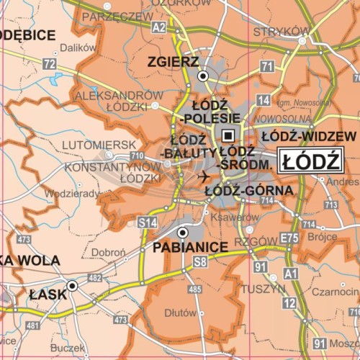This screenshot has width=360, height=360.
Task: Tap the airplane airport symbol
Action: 204,176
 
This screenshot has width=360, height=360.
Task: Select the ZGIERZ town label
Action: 173,62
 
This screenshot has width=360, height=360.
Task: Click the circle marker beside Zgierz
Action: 203,75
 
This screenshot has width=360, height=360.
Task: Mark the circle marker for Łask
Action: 72,286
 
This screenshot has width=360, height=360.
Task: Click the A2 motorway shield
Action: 159,27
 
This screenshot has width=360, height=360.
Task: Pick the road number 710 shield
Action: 136,156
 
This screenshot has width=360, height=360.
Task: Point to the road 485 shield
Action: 194,289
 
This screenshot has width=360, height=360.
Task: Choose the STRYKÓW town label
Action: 280,31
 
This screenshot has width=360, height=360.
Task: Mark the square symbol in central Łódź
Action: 228,135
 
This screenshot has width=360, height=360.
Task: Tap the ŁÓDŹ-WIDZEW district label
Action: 308,135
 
